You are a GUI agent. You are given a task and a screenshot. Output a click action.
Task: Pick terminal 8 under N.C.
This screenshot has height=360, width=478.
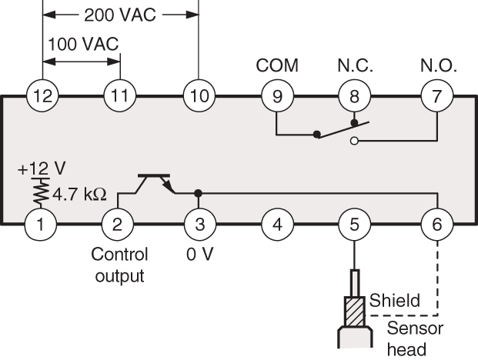coord(353,96)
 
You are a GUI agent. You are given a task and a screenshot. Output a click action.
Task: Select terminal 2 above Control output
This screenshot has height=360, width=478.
coord(115,225)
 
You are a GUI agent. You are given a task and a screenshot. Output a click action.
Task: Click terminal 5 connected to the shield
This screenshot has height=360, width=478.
coord(353,225)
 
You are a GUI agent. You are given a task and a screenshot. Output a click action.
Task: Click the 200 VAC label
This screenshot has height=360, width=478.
coord(121,15)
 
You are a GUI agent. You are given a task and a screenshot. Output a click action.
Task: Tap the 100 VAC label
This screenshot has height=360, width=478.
coord(83,44)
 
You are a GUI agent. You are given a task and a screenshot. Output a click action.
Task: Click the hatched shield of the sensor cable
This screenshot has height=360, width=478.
coord(353,312)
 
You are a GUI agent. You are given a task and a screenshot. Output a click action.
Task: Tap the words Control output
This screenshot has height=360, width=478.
coord(119,264)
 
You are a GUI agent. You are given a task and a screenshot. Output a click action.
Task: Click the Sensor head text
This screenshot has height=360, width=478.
coord(415,337)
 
